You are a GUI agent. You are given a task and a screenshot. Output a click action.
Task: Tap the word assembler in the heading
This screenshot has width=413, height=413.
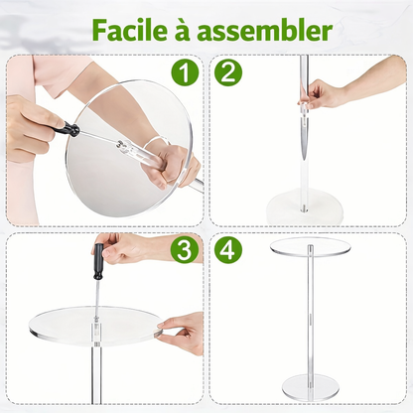coord(264,31)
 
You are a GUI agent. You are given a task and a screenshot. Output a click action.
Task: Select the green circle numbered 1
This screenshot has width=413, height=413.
coord(185,73)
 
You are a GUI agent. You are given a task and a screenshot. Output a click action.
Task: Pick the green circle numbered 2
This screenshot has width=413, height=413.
coord(228,73)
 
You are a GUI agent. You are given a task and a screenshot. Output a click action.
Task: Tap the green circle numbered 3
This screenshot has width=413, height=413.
coord(185,250)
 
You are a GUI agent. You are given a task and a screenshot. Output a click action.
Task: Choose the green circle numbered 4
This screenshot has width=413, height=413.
coord(228,250)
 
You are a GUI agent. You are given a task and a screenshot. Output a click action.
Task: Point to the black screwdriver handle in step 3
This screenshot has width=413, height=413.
coord(98,261)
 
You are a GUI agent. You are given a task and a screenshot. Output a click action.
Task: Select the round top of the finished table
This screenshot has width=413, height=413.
coord(311,246)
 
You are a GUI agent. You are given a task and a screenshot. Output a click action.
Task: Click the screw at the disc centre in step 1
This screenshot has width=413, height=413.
coord(121,145)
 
